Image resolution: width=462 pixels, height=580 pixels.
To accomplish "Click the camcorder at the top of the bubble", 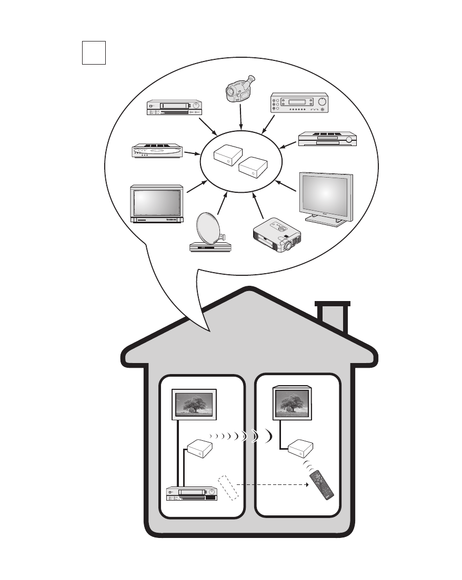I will pos(239,89).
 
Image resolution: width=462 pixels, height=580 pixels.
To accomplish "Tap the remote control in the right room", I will pos(322,484).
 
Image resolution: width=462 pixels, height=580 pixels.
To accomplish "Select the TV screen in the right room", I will pos(292,402).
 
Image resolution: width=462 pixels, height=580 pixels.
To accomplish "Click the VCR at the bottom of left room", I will pos(191,494).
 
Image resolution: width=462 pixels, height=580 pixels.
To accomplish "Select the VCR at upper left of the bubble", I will pos(175,107).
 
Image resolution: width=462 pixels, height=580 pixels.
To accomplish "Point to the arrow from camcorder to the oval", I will pos(240,117).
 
